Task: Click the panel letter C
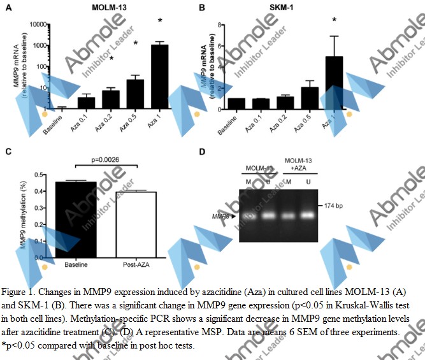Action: [8, 152]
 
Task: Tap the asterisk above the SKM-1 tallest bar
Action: [333, 20]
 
